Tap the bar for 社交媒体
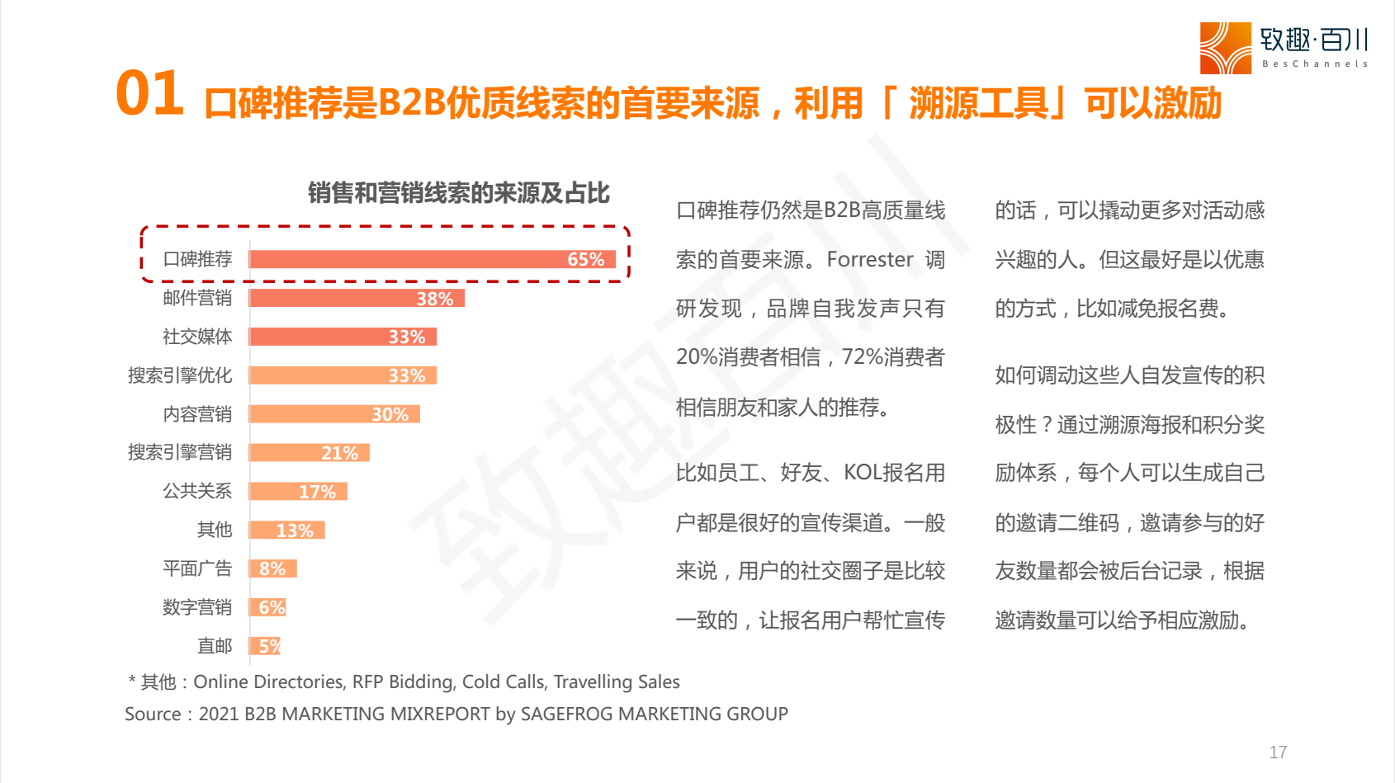[x=343, y=337]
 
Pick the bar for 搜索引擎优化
[x=343, y=375]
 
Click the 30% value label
[x=390, y=414]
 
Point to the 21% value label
[x=339, y=453]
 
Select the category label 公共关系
[x=197, y=491]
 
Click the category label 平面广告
[x=197, y=568]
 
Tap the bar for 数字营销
[x=267, y=607]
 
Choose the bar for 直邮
[x=265, y=646]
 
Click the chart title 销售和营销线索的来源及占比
[x=459, y=193]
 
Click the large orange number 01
[x=149, y=93]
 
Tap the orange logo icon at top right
[x=1225, y=48]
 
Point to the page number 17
[x=1278, y=752]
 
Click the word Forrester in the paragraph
[x=870, y=260]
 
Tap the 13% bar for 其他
[x=286, y=530]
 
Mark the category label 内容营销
[x=197, y=414]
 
